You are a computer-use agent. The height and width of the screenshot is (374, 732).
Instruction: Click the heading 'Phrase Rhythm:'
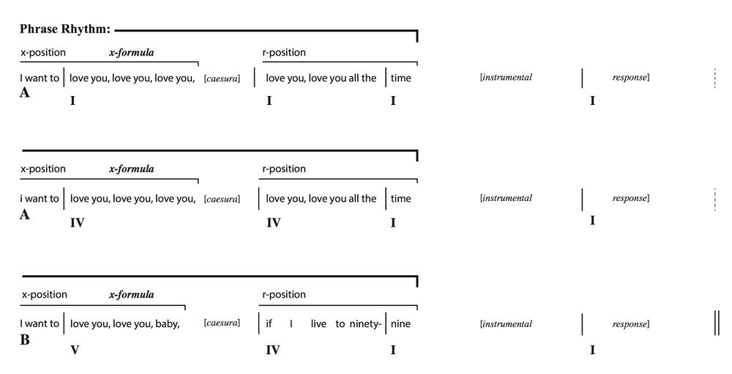(x=65, y=29)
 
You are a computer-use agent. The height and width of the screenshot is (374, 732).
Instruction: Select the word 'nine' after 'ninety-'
(x=400, y=323)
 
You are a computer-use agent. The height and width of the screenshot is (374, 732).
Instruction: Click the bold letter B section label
(x=25, y=340)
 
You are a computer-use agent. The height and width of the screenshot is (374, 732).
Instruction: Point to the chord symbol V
(x=75, y=350)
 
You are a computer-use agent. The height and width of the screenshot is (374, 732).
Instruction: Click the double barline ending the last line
(x=717, y=323)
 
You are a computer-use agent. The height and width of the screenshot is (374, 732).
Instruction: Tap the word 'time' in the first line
(x=401, y=78)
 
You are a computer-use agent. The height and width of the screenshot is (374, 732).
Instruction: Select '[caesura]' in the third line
(x=222, y=323)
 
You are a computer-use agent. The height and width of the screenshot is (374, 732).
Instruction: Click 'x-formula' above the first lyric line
(x=132, y=52)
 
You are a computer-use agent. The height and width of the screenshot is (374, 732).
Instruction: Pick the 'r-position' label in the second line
(x=284, y=169)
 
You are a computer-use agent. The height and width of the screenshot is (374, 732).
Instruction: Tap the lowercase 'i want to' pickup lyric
(x=40, y=199)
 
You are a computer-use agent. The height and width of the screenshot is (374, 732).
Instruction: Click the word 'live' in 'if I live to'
(x=319, y=323)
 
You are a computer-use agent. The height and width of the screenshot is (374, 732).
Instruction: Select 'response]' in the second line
(x=631, y=198)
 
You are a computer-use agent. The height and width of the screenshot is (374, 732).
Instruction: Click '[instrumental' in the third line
(x=506, y=324)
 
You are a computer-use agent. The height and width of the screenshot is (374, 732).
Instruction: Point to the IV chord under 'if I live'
(x=272, y=350)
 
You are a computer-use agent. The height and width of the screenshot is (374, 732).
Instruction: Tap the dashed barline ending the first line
(x=714, y=78)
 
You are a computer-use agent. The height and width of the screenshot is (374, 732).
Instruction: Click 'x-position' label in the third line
(x=45, y=295)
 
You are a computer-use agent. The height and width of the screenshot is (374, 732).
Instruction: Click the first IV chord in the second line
(x=77, y=223)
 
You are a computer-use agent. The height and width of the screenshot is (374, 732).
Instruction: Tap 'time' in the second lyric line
(x=401, y=199)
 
